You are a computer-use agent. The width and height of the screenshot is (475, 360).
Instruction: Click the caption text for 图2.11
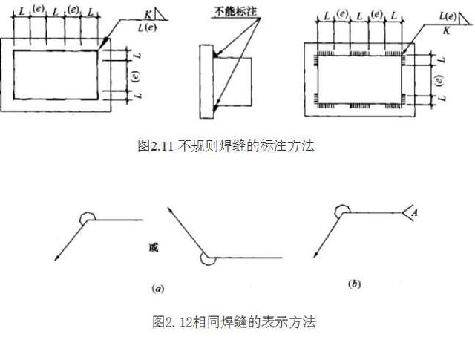tap(226, 146)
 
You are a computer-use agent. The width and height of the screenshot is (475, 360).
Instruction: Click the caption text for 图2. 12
tap(234, 322)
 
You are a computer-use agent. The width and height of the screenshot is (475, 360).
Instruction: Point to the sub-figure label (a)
tap(157, 286)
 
